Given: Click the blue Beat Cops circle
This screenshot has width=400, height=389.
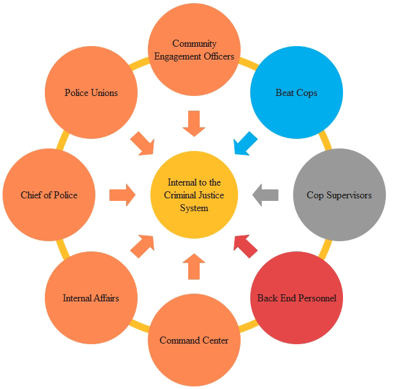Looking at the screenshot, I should click(296, 93).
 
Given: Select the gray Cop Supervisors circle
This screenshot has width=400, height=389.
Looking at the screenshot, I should click(339, 194).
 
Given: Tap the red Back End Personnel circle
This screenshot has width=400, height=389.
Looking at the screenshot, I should click(296, 298).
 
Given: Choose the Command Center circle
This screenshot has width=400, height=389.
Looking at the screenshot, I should click(194, 340).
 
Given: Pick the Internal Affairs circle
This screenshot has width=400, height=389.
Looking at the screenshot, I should click(91, 298).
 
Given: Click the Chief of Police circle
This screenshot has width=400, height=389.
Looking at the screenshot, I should click(49, 194).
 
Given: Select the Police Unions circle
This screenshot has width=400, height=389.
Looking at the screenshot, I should click(91, 93).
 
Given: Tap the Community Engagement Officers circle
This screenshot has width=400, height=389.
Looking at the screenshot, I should click(194, 50).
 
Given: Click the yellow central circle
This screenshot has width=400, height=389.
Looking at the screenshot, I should click(194, 194).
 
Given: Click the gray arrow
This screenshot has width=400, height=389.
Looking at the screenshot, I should click(265, 194).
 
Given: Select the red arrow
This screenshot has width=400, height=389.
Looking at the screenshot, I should click(244, 246).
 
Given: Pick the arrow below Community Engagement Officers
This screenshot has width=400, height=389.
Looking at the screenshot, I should click(194, 123).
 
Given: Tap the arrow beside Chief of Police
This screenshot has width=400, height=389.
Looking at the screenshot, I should click(122, 194).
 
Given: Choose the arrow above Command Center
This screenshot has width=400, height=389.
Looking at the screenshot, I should click(194, 266).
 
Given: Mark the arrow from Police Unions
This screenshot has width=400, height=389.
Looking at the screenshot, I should click(143, 144).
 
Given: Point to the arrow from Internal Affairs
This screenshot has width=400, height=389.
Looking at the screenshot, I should click(143, 246).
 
